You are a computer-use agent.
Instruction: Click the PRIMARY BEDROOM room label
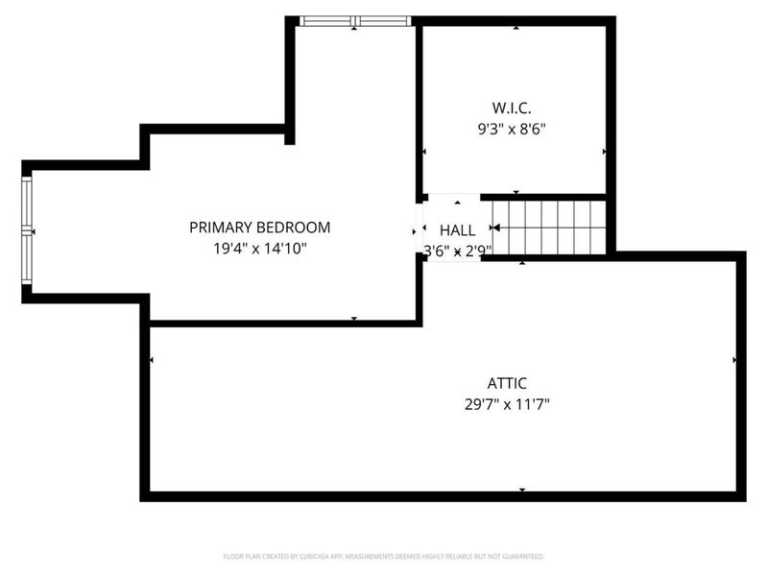tap(259, 228)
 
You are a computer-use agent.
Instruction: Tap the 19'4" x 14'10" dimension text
tap(259, 248)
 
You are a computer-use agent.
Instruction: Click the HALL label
tap(457, 230)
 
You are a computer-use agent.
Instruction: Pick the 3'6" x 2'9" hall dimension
tap(457, 251)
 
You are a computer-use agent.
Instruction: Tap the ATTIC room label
tap(507, 383)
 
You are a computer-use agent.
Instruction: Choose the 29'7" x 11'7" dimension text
tap(507, 403)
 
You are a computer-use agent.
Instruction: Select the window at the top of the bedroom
tap(354, 21)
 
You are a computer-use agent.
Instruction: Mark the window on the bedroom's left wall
tap(28, 231)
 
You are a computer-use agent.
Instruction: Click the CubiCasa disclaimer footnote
tap(383, 556)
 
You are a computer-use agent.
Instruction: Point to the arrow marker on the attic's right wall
tap(734, 360)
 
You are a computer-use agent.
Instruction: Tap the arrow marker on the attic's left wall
tap(153, 360)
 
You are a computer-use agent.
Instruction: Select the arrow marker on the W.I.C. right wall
tap(603, 152)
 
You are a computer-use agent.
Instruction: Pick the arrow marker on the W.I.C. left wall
tap(425, 152)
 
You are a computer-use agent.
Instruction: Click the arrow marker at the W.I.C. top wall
tap(516, 28)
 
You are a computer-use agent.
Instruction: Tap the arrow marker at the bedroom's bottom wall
tap(354, 318)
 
